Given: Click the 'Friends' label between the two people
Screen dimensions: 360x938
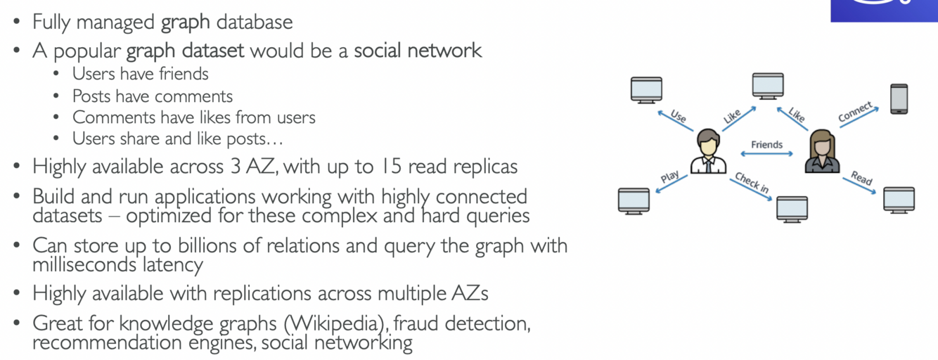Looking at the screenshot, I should [x=766, y=145].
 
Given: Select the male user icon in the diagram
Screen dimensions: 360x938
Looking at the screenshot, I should [x=707, y=151].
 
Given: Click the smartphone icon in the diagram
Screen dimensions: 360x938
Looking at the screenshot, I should [x=899, y=98].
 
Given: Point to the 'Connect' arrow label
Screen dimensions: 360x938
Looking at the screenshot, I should [x=856, y=112].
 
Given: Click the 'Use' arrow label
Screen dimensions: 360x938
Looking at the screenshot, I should [x=679, y=115].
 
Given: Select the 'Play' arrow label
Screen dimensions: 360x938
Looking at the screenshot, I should [x=669, y=178].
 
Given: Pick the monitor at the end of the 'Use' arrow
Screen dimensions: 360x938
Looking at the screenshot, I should [x=646, y=90].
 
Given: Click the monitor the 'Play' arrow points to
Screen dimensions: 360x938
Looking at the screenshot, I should [x=634, y=200].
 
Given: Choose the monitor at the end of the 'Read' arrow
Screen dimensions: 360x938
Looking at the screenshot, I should [x=899, y=200].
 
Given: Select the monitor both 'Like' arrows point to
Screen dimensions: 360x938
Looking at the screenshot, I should [x=768, y=86].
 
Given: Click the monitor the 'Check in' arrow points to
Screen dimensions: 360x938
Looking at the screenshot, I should [x=792, y=209].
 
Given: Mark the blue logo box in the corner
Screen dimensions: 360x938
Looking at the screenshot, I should [x=884, y=11].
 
